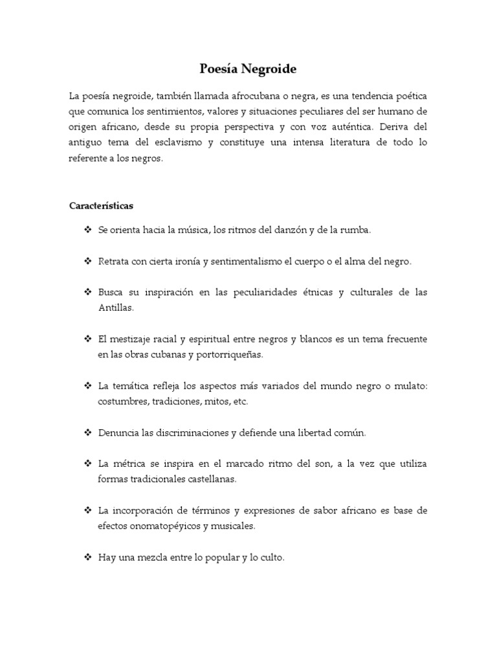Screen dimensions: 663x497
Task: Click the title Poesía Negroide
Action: pos(248,68)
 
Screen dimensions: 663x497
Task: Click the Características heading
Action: pos(101,206)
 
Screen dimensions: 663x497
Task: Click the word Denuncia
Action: pos(118,433)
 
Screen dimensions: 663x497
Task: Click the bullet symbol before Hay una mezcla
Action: pos(87,557)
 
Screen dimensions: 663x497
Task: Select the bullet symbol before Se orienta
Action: pos(87,230)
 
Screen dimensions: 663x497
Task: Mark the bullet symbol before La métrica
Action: pos(87,464)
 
